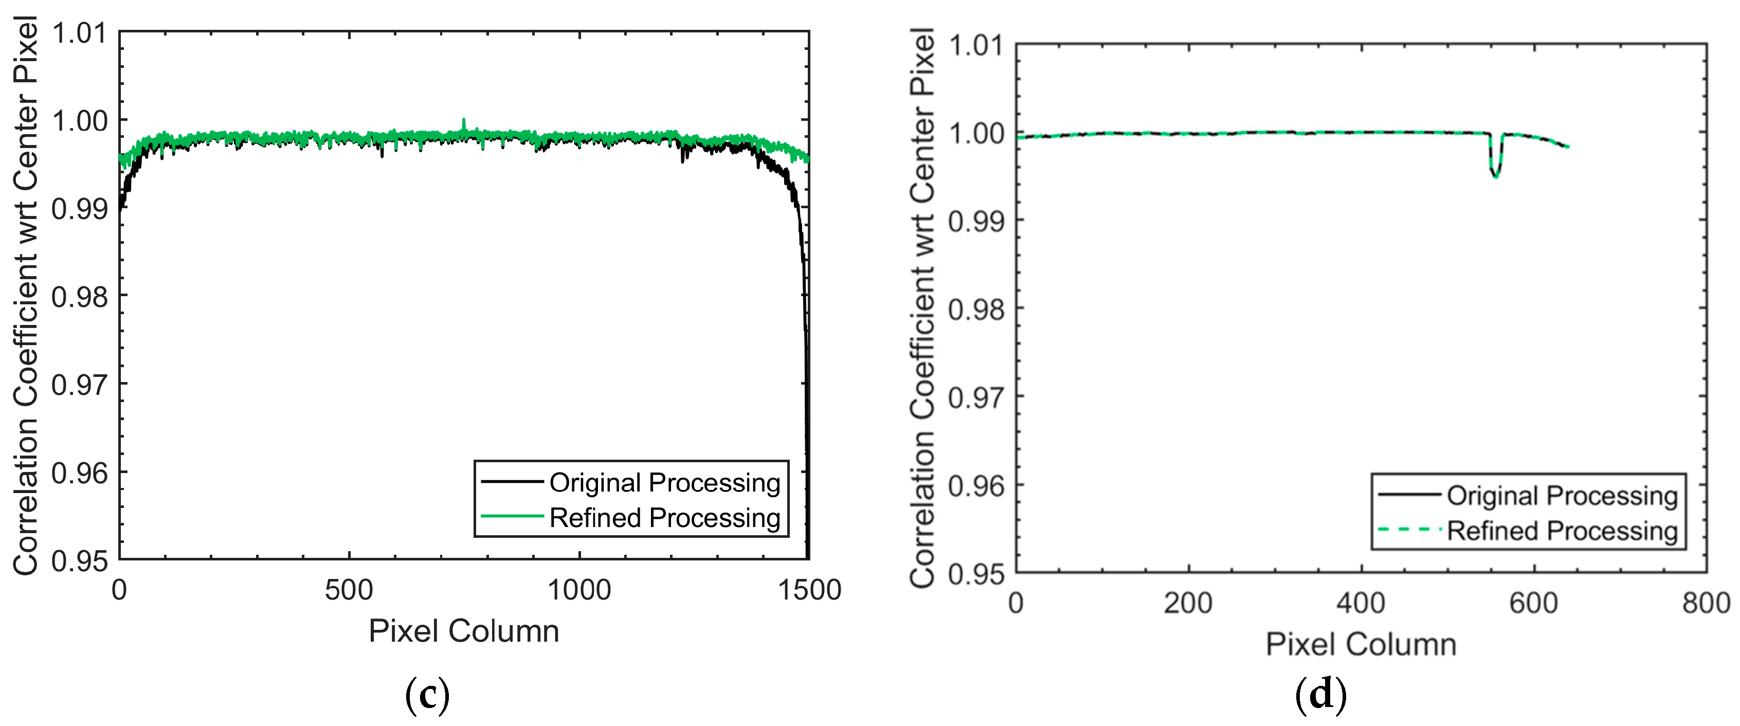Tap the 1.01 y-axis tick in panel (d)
(976, 46)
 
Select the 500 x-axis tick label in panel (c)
(349, 590)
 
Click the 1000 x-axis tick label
(579, 590)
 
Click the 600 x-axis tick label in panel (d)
(1533, 603)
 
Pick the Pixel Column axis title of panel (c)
(463, 631)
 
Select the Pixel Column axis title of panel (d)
(1361, 644)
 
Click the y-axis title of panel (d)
(922, 307)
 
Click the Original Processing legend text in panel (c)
(665, 483)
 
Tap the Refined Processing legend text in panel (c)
(665, 518)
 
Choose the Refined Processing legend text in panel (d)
(1562, 531)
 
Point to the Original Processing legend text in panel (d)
(1562, 496)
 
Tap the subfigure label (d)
(1320, 694)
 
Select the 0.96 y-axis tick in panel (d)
(976, 485)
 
